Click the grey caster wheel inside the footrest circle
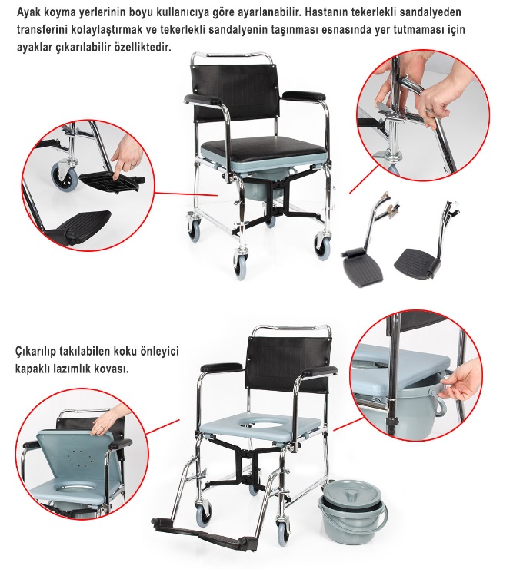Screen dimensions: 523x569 coord(65,177)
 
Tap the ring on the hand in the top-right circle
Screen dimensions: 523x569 coord(430,109)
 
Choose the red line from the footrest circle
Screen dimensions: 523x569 coord(185,194)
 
